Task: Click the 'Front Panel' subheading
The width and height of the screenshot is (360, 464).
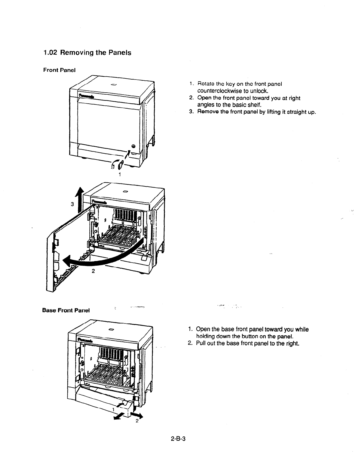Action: click(59, 70)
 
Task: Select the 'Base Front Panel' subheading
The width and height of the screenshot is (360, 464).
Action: click(66, 310)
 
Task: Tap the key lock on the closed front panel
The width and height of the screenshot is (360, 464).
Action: click(133, 146)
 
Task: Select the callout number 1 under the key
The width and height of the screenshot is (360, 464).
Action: click(120, 175)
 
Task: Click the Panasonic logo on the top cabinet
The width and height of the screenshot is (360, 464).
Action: click(86, 96)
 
